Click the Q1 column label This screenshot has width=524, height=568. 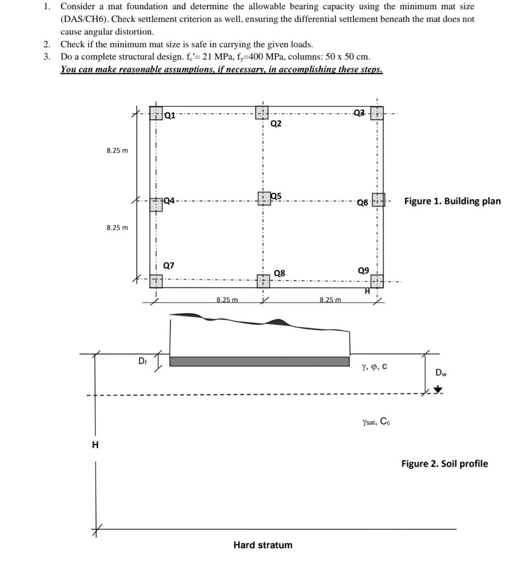click(170, 115)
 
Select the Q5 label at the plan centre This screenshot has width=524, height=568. click(276, 196)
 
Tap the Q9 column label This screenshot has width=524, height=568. click(363, 270)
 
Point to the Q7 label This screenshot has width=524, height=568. click(169, 265)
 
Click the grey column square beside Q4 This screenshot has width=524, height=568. click(156, 204)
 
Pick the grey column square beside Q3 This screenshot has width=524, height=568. click(377, 113)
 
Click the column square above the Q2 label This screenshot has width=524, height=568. click(262, 113)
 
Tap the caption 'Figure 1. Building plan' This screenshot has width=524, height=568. click(452, 201)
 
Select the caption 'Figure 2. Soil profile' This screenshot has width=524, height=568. click(444, 464)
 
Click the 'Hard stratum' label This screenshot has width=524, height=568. click(262, 545)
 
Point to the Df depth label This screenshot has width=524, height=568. click(142, 361)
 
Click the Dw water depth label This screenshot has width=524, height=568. click(441, 373)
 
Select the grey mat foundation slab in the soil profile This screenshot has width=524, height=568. click(259, 362)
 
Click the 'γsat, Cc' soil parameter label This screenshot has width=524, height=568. click(376, 422)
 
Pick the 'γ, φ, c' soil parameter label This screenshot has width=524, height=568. click(374, 367)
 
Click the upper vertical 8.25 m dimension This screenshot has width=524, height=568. click(117, 150)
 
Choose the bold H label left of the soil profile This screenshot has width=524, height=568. click(95, 444)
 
